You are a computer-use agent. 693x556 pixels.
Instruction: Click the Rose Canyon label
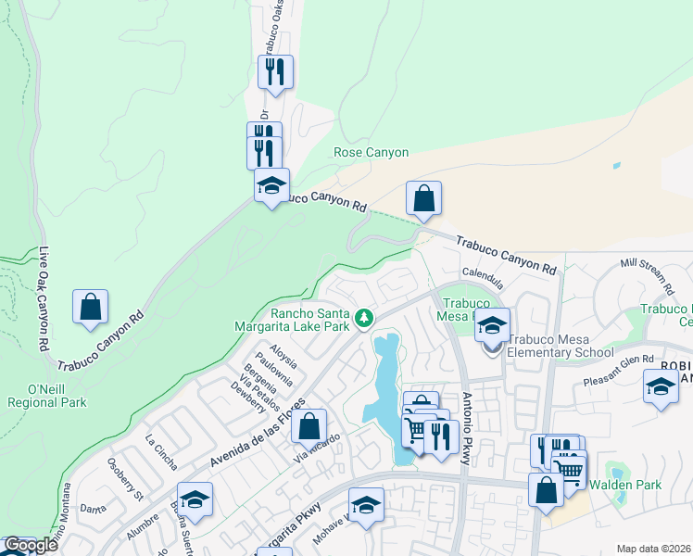pyautogui.click(x=371, y=153)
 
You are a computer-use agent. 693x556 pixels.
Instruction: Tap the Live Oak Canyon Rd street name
pyautogui.click(x=43, y=298)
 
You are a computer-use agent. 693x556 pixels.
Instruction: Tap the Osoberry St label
pyautogui.click(x=124, y=479)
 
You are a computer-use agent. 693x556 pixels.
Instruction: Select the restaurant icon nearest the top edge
pyautogui.click(x=275, y=71)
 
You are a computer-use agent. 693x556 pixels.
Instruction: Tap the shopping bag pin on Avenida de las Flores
pyautogui.click(x=309, y=426)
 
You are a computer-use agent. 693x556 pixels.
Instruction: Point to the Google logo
pyautogui.click(x=31, y=546)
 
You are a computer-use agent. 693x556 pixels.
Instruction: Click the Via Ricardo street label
pyautogui.click(x=313, y=448)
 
